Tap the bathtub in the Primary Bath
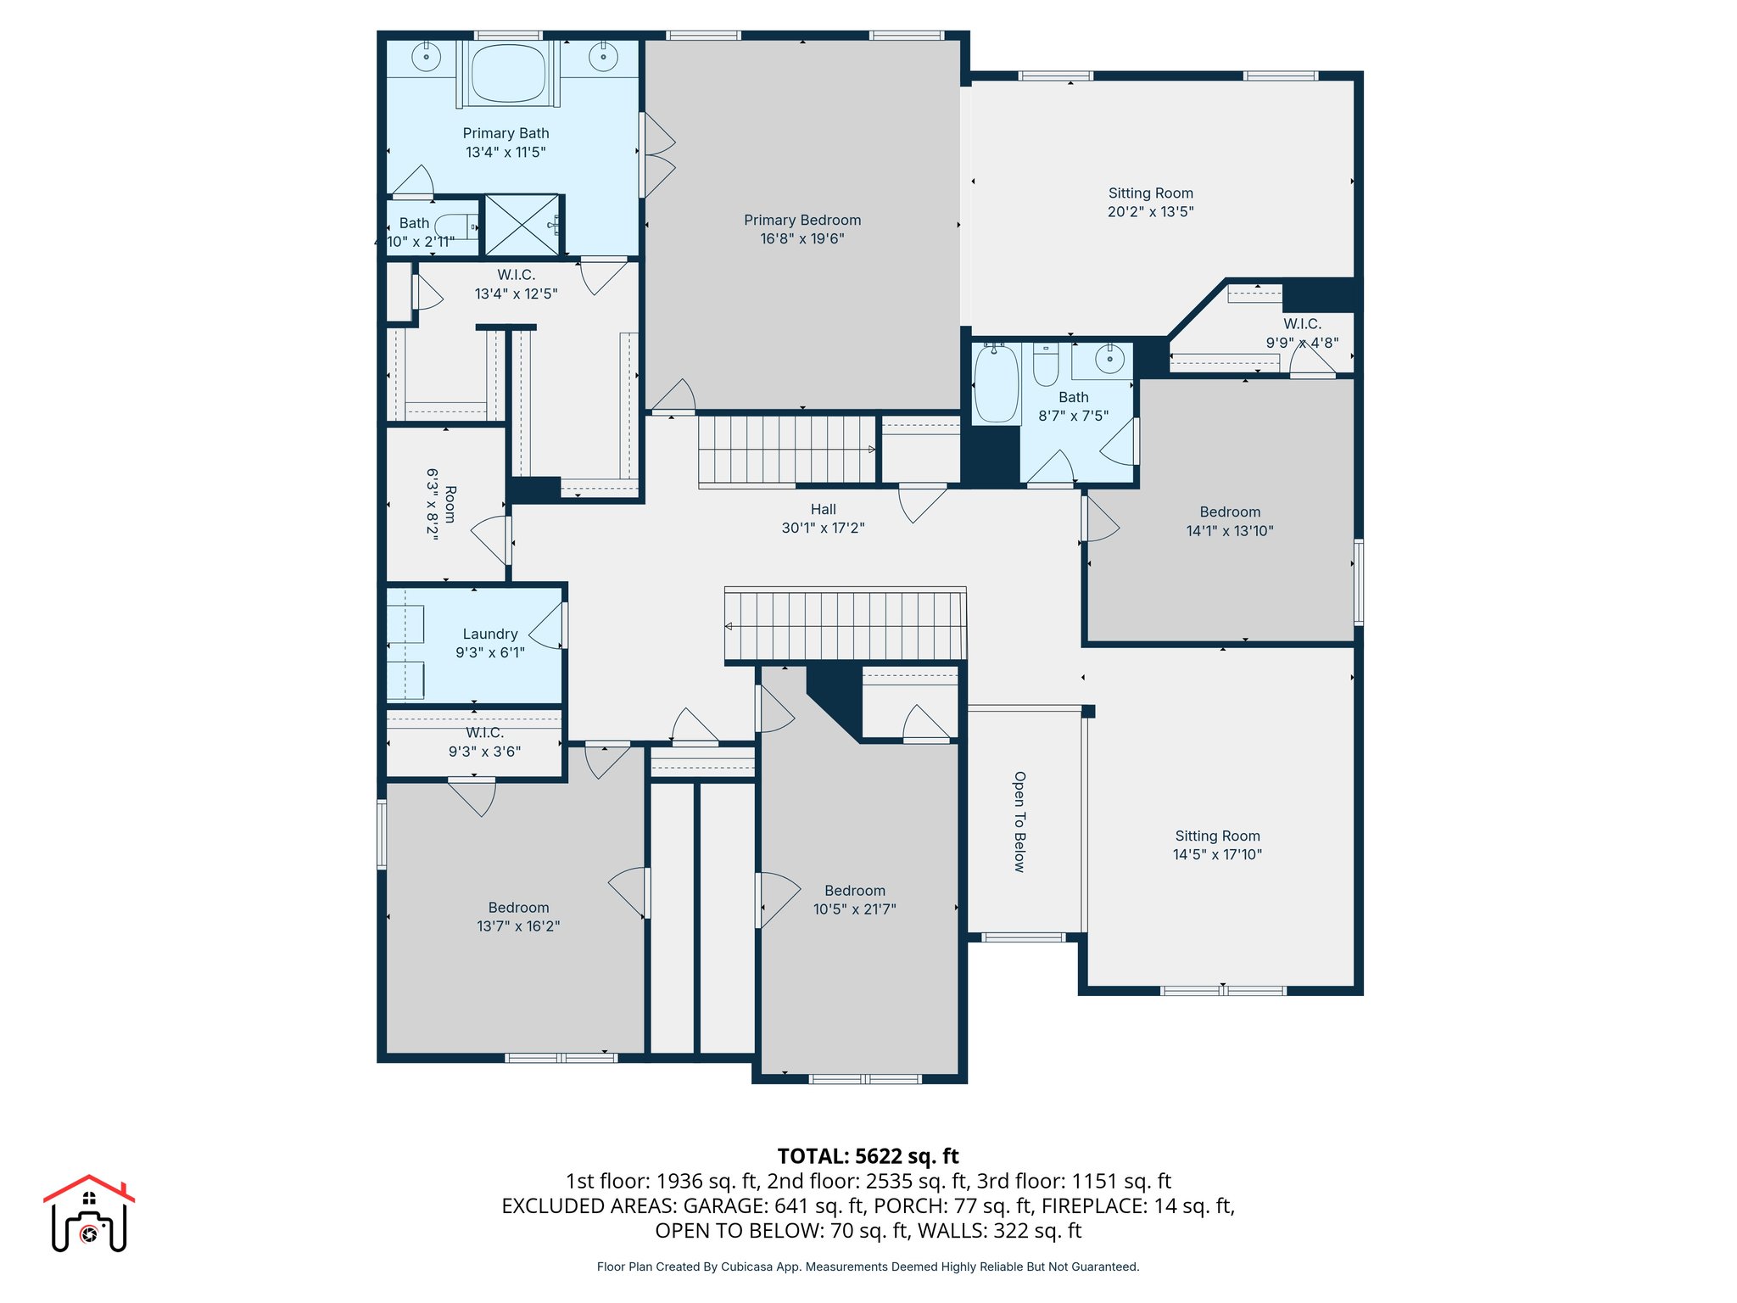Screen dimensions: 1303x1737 tap(507, 73)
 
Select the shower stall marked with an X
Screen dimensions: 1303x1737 tap(522, 225)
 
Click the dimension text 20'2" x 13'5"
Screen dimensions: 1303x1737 tap(1150, 212)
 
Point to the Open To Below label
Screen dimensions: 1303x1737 tap(1019, 821)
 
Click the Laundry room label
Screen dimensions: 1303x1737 tap(489, 635)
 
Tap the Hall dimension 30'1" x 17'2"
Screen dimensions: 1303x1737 tap(823, 528)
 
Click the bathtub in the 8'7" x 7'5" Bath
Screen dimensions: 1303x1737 tap(996, 383)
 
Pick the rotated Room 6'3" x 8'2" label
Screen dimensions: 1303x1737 tap(441, 504)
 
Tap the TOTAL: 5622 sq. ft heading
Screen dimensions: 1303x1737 tap(868, 1156)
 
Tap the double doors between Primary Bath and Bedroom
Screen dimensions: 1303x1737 tap(657, 155)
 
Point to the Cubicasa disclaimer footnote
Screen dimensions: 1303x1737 tap(868, 1267)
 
